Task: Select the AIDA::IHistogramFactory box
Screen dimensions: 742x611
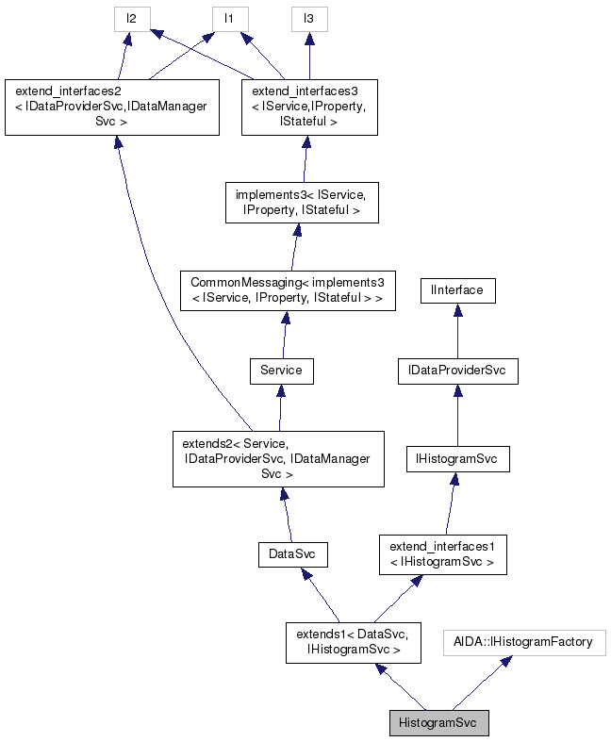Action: tap(524, 643)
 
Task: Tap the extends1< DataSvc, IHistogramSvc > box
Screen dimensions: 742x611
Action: tap(354, 641)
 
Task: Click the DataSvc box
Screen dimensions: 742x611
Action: tap(292, 554)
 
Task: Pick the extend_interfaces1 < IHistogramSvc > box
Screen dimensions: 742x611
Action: tap(442, 554)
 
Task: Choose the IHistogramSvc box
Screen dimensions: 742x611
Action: tap(457, 459)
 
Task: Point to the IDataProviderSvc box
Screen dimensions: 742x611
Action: tap(457, 371)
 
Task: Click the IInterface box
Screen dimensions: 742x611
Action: tap(457, 290)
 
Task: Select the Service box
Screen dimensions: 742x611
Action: tap(281, 371)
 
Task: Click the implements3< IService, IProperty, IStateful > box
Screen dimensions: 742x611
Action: tap(302, 203)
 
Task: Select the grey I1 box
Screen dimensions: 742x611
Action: tap(228, 18)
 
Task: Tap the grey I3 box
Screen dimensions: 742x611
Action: tap(308, 18)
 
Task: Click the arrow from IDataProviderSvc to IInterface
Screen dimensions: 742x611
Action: tap(457, 331)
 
